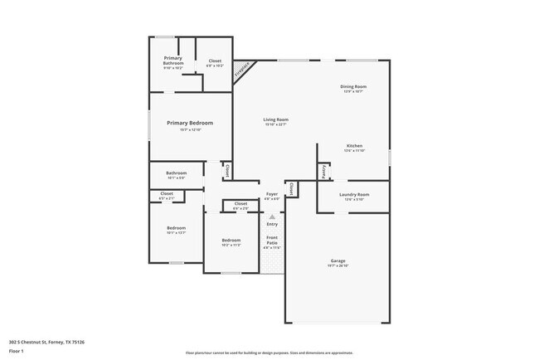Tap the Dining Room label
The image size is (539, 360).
tap(353, 86)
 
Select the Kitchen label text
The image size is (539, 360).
tap(354, 146)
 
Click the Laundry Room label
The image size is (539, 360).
tap(354, 195)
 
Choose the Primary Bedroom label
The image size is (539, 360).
tap(190, 124)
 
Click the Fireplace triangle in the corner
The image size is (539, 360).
tap(242, 71)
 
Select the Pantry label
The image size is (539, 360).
tap(323, 170)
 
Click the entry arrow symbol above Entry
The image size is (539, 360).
tap(271, 216)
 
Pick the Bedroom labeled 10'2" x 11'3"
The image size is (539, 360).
tap(231, 241)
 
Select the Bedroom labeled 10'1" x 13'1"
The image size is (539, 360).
tap(176, 228)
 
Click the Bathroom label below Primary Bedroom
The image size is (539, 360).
tap(177, 173)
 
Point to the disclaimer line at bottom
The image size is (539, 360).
tap(269, 353)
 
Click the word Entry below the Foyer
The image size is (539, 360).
tap(272, 224)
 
